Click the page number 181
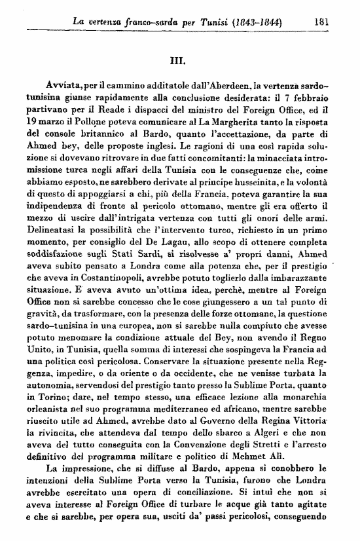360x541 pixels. [320, 21]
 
